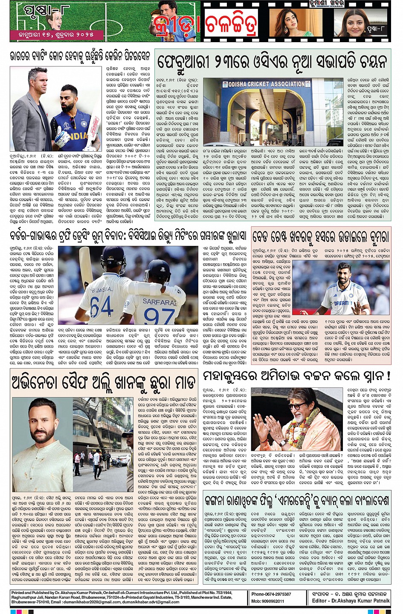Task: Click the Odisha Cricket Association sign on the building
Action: coord(267,84)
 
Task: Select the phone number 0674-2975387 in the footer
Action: coord(271,594)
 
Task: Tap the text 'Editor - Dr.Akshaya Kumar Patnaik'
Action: coord(351,601)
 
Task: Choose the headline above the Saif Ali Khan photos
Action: coord(104,382)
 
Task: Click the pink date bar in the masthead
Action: coord(55,34)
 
